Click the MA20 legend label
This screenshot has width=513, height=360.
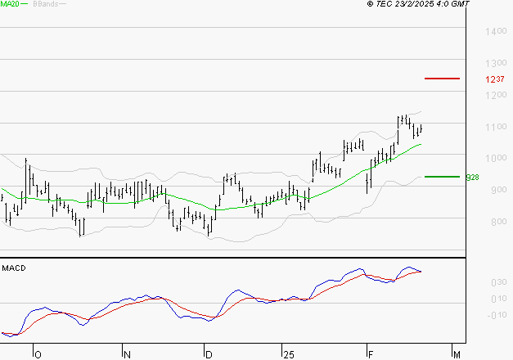pos(11,4)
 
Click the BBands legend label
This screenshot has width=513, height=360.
pos(44,4)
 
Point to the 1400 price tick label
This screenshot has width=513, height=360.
pos(496,32)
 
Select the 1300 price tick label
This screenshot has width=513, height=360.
pos(496,64)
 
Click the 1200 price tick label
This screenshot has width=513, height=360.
pos(496,95)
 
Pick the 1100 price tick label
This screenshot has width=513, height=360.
pos(496,127)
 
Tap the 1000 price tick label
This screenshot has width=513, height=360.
pos(496,159)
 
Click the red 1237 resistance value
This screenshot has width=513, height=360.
pos(493,79)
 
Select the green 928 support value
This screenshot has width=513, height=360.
pos(471,177)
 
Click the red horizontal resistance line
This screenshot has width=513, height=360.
pos(442,79)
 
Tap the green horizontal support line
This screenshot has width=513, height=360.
pos(442,176)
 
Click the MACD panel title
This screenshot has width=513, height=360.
pos(12,268)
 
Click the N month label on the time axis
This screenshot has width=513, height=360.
pos(127,353)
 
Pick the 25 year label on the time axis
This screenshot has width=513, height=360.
pos(287,353)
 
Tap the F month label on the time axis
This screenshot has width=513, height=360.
pos(370,353)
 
